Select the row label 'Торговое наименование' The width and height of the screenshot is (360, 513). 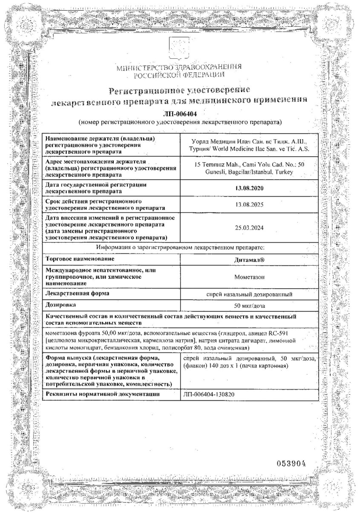[81, 259]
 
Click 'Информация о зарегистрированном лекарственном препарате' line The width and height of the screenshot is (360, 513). [181, 247]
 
